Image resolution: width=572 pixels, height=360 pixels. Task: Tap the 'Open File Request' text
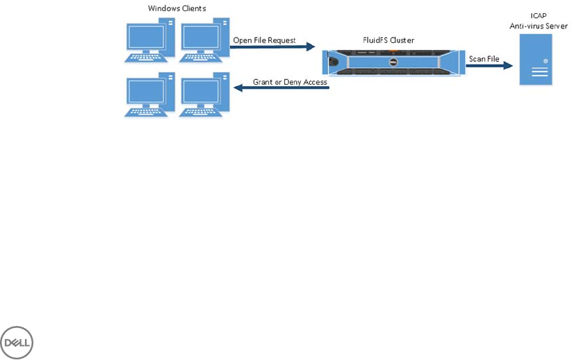pyautogui.click(x=264, y=40)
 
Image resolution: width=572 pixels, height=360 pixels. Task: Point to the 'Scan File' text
pyautogui.click(x=484, y=59)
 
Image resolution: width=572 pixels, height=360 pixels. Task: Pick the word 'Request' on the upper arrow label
pyautogui.click(x=281, y=40)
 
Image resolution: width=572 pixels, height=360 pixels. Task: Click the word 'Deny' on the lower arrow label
pyautogui.click(x=293, y=82)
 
